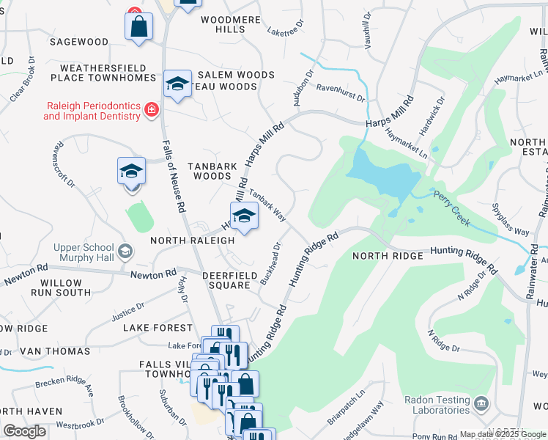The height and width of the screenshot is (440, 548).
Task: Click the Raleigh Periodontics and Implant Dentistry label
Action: (x=92, y=110)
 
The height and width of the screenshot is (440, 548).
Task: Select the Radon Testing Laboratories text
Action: (x=437, y=405)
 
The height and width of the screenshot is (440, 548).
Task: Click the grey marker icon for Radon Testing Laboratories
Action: (x=481, y=403)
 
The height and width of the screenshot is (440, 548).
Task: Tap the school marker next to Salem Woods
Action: (x=177, y=85)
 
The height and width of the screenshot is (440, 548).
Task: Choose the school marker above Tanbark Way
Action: (x=244, y=216)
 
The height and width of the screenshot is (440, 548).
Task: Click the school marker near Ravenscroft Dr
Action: (x=132, y=172)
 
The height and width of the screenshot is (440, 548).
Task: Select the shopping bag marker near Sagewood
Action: (x=138, y=28)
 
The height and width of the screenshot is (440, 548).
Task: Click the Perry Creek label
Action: (x=452, y=208)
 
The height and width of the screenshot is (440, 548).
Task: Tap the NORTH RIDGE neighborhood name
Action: (x=388, y=256)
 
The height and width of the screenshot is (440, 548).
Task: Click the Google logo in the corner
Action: (x=25, y=431)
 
